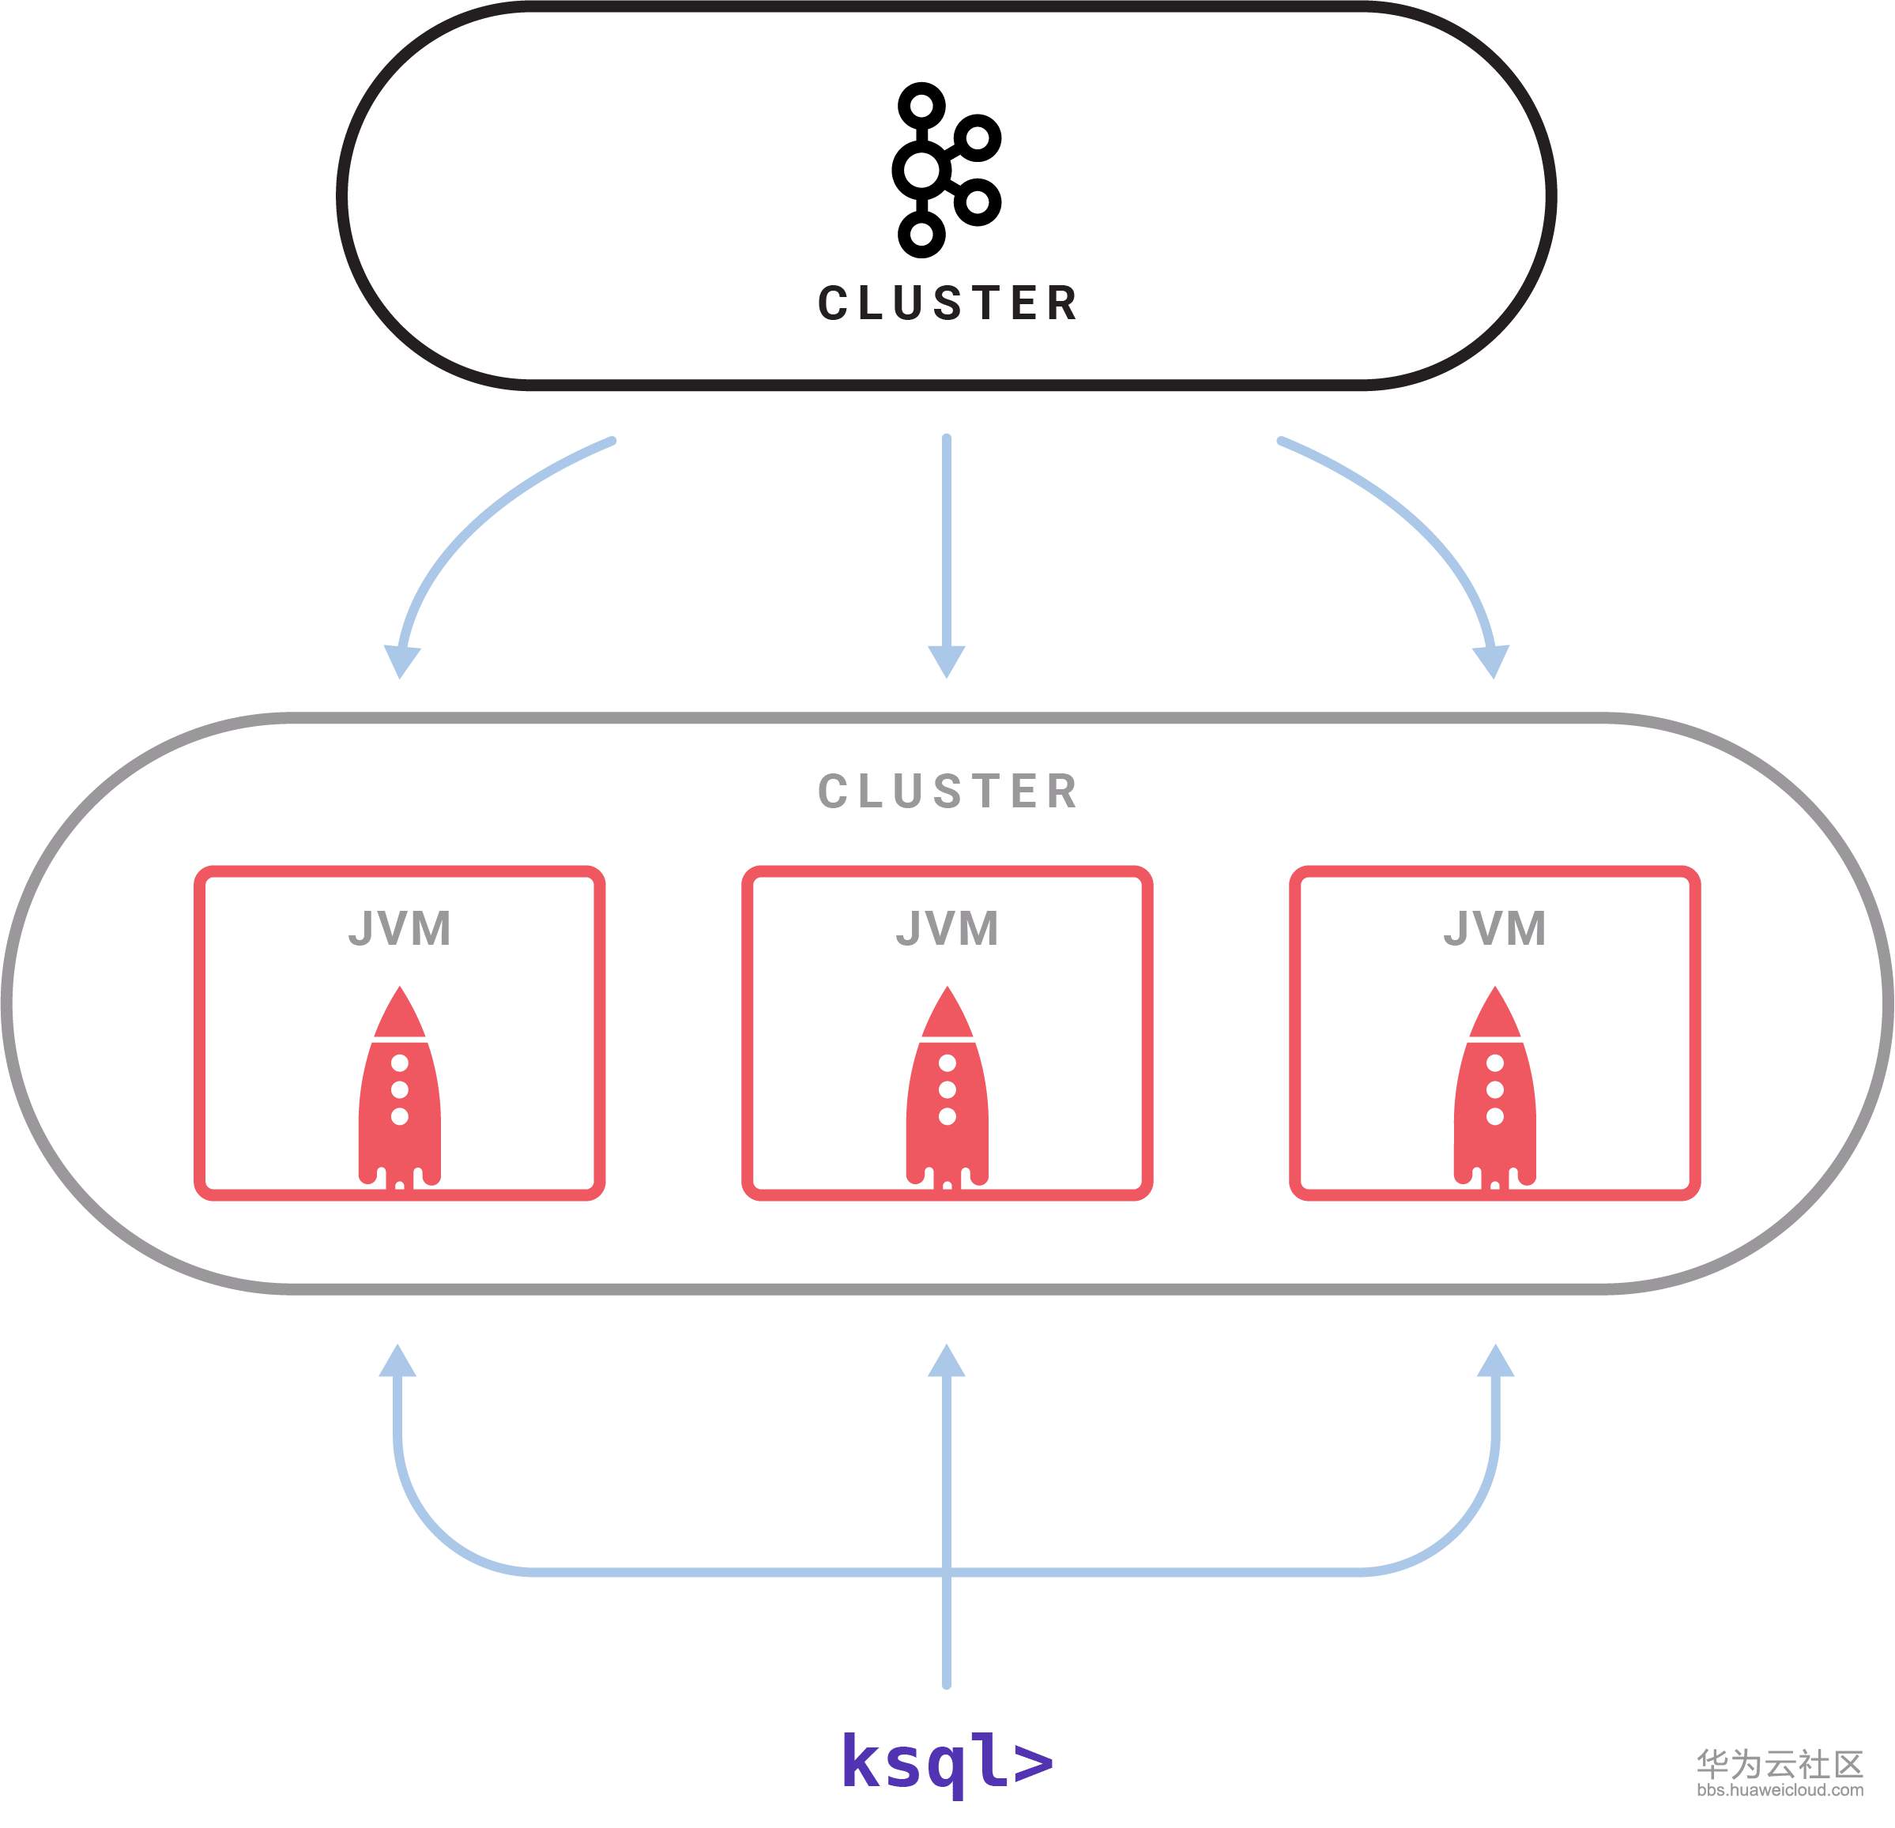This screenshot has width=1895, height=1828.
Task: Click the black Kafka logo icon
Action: [x=946, y=170]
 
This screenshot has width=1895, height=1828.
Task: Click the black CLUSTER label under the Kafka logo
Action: [x=947, y=303]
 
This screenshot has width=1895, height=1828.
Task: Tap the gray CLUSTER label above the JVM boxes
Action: [x=947, y=792]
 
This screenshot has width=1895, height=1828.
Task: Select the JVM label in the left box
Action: [x=399, y=929]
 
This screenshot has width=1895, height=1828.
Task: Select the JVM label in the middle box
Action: [x=947, y=929]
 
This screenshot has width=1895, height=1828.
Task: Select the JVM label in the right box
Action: [x=1494, y=929]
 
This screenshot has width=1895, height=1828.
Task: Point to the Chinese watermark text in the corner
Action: [x=1780, y=1763]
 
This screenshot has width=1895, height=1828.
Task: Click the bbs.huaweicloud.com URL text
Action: [x=1780, y=1790]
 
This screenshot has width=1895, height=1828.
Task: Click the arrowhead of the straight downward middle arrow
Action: [x=947, y=661]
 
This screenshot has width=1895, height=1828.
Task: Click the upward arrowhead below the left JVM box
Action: [x=397, y=1362]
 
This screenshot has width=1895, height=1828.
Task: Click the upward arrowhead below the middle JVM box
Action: [x=947, y=1362]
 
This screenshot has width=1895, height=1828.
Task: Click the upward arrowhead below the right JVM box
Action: [x=1496, y=1362]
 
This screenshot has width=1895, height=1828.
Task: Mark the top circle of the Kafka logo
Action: [x=921, y=104]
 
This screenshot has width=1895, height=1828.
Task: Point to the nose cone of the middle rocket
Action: [x=947, y=1012]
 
